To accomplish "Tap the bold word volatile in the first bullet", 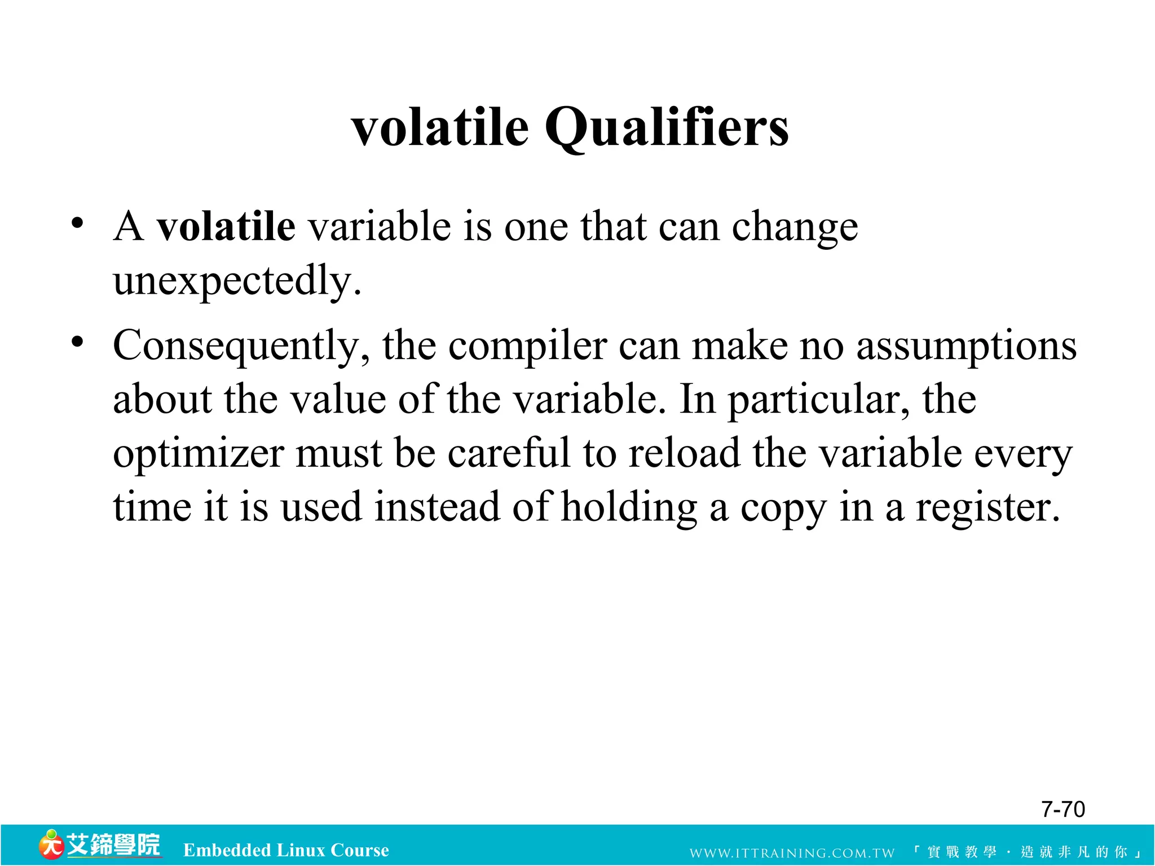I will (x=226, y=227).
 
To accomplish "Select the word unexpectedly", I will (x=237, y=281).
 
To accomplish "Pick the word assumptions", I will (x=966, y=346).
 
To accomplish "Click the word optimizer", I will (x=198, y=454).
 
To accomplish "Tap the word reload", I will (x=684, y=453).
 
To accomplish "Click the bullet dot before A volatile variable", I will (x=77, y=223).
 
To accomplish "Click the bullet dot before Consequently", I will (x=77, y=342).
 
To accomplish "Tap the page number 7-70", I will (x=1063, y=809).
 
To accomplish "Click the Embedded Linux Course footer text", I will (x=286, y=850).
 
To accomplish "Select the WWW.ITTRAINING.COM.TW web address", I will (x=792, y=852).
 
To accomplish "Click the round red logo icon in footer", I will (x=51, y=845).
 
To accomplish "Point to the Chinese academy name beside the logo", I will (x=113, y=845).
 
